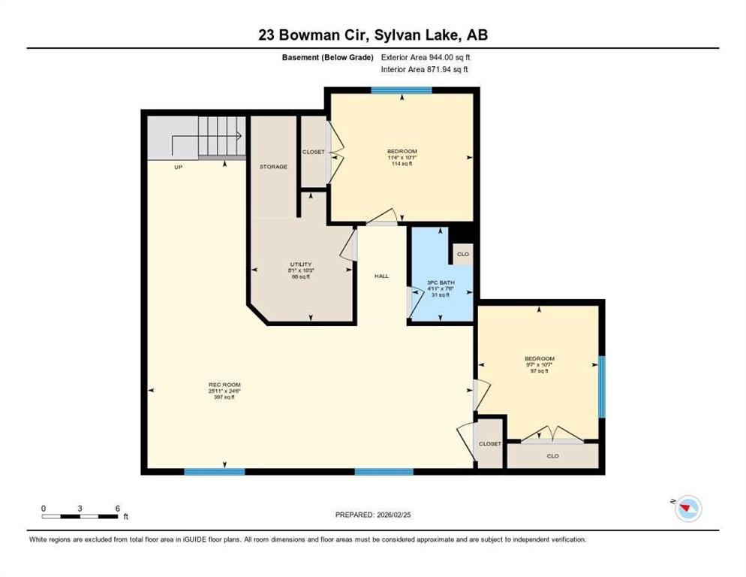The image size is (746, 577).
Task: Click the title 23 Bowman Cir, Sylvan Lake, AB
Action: point(373,35)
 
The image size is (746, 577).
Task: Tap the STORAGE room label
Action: point(273,167)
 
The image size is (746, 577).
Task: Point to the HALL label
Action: point(382,276)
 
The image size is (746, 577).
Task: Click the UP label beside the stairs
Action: point(179,167)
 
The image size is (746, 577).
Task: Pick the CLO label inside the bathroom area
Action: point(463,254)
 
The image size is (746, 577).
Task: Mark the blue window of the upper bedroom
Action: point(402,91)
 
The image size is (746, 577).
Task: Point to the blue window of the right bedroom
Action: point(601,386)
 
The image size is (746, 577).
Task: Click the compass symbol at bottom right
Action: point(687,509)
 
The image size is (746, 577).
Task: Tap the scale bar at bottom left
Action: point(80,515)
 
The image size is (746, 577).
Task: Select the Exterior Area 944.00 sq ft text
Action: point(426,57)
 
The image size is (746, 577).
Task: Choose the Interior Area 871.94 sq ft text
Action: point(426,70)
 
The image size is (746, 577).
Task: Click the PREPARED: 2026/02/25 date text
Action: point(373,515)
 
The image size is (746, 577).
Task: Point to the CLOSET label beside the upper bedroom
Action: point(314,152)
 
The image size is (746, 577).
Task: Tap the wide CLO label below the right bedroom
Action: point(552,455)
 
